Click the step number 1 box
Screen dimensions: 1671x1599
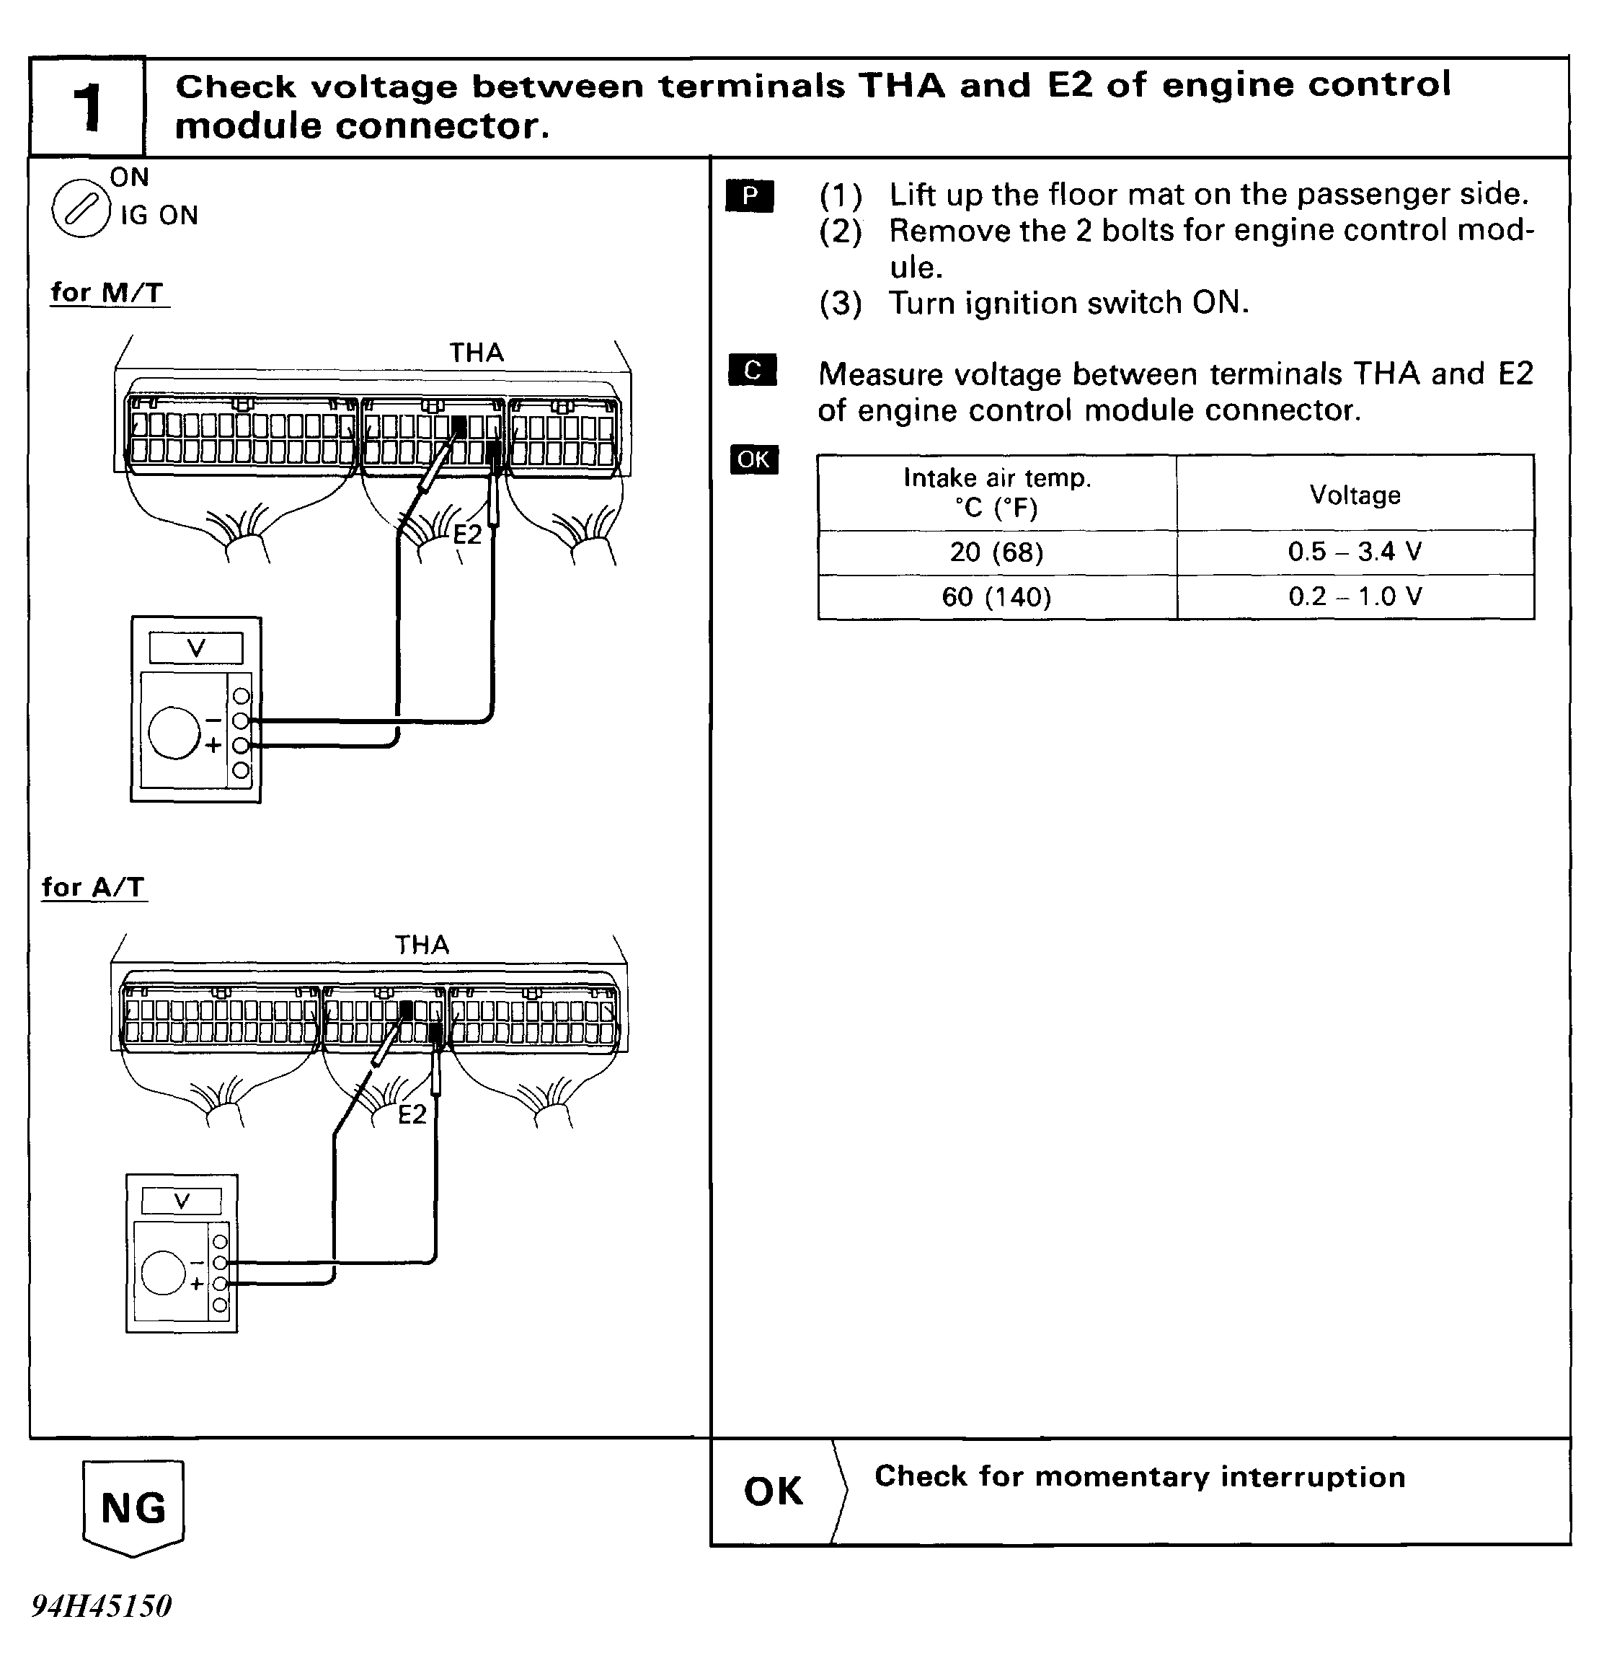(87, 108)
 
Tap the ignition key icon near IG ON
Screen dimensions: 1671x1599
(81, 208)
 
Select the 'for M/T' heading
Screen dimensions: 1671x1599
(107, 292)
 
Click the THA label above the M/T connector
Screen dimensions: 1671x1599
(477, 353)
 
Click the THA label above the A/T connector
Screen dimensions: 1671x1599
(421, 945)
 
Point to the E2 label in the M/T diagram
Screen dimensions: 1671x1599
(466, 534)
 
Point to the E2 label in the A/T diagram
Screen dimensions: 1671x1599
(412, 1114)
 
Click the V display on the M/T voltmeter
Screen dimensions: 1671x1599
(196, 648)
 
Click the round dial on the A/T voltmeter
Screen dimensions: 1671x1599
(163, 1272)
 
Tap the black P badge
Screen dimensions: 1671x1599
(750, 196)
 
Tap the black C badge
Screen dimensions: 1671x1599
(753, 370)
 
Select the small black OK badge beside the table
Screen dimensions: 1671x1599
(753, 459)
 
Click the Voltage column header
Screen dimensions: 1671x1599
(1355, 495)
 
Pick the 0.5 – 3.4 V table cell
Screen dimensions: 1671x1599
(1355, 552)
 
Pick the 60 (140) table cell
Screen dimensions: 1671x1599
(996, 597)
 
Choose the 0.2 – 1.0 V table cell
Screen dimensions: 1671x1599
(1355, 597)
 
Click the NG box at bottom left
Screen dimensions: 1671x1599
(133, 1507)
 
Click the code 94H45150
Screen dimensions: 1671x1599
(102, 1606)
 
